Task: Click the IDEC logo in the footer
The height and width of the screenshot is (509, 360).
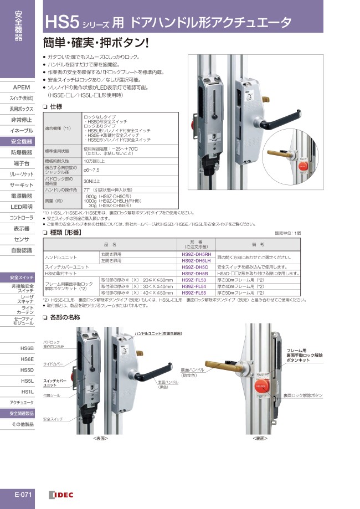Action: point(61,495)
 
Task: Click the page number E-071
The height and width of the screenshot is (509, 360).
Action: point(22,495)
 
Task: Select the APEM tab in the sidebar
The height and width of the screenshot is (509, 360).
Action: point(21,88)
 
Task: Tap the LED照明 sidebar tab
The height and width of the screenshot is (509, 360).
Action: point(21,207)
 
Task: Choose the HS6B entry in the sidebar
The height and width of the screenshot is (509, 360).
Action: point(27,348)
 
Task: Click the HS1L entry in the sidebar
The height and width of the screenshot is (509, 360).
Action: point(27,391)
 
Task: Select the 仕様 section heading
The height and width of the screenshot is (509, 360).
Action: point(55,106)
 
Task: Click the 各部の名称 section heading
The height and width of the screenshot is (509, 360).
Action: point(64,317)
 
